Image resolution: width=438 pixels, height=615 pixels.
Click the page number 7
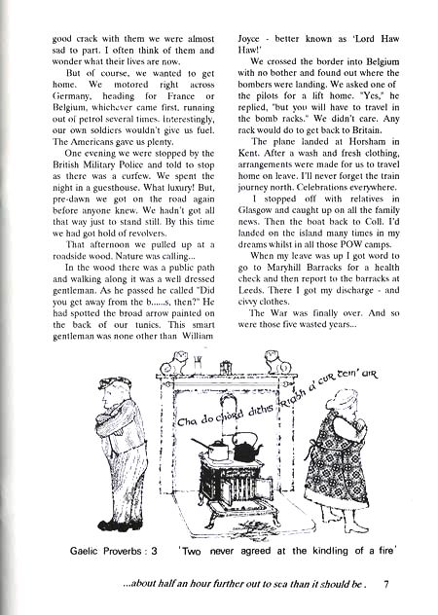point(386,586)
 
